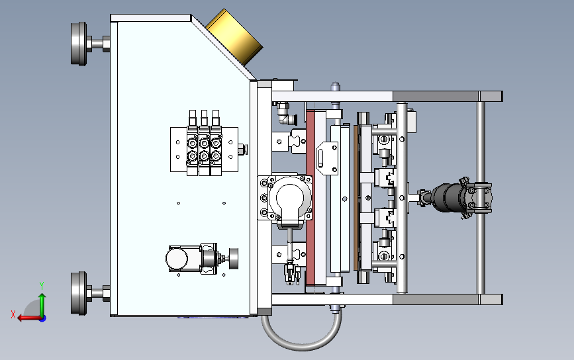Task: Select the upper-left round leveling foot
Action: click(x=79, y=44)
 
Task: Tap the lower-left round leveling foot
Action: click(x=79, y=293)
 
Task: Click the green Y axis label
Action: click(x=42, y=285)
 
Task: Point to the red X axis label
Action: click(x=13, y=314)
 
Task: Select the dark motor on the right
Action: click(x=448, y=198)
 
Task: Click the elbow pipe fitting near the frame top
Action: click(x=285, y=114)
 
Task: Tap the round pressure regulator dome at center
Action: click(x=290, y=198)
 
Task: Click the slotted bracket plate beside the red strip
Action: click(x=327, y=159)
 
